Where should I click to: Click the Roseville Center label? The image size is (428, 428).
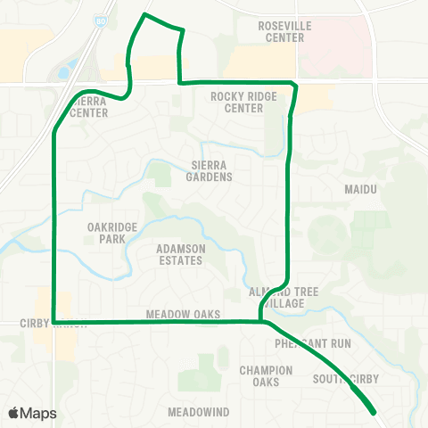284,32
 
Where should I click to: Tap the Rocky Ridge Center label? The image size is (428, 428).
236,103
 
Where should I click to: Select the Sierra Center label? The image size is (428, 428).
89,107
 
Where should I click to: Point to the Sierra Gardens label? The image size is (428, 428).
211,170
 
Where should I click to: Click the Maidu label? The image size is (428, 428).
361,190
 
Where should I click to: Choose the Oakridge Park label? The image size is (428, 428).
112,233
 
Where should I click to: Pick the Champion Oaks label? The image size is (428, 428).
266,375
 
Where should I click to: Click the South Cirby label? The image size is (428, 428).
346,379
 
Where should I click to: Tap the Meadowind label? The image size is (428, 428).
198,412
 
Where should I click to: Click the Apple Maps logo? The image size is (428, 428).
33,413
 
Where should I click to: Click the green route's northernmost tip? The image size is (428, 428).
144,15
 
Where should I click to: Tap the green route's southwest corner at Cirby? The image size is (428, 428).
54,321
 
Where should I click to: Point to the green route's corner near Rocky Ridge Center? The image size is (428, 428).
294,84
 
